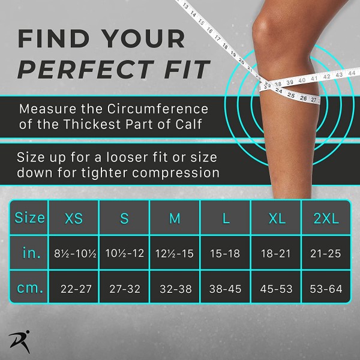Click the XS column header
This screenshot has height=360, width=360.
coord(74,218)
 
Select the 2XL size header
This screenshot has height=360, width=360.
coord(326,218)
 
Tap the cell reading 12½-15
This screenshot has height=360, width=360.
coord(175,253)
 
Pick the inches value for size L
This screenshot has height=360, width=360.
coord(225,253)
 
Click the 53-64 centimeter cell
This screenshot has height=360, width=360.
coord(326,289)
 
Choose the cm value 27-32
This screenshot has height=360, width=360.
coord(125,289)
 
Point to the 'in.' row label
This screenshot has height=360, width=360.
coord(32,253)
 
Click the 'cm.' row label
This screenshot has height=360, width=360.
coord(30,288)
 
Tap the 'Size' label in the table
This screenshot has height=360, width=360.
coord(29,217)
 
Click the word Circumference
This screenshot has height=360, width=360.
coord(158,109)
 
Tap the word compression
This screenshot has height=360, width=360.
coord(176,173)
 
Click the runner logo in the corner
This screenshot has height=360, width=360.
coord(20,341)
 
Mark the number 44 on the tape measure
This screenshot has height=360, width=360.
coord(352,73)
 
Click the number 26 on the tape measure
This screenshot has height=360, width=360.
coord(303,98)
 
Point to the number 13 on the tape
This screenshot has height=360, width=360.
coord(185,6)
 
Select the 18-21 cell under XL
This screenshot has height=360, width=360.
coord(276,253)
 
